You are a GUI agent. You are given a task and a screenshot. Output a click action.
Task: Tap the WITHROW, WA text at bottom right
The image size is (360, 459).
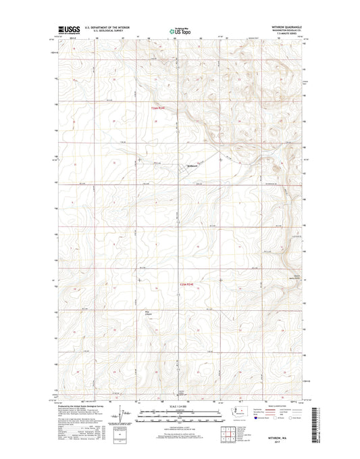281,437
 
